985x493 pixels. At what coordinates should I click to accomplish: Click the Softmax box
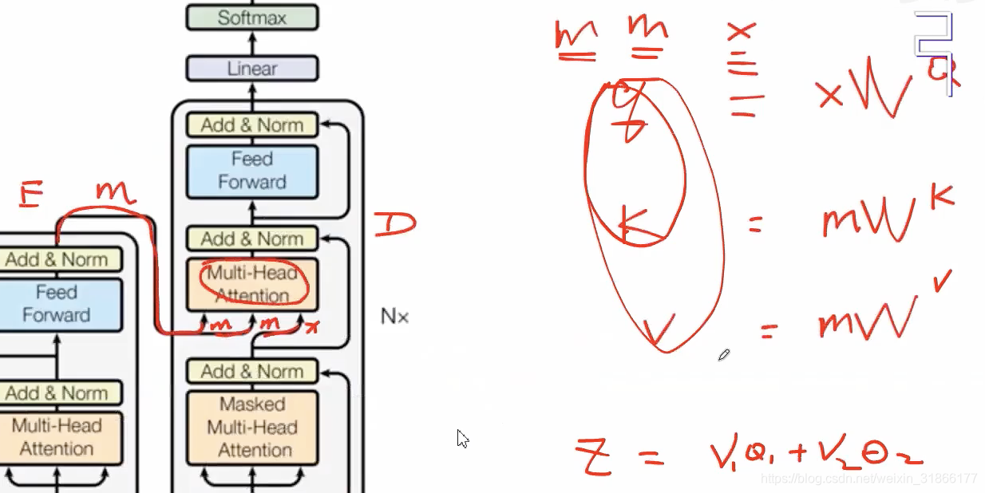coord(251,18)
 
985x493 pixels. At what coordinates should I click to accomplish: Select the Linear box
coord(251,69)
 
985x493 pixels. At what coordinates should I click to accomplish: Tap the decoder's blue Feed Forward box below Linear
coord(251,171)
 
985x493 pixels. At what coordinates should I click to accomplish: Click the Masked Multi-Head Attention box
coord(251,427)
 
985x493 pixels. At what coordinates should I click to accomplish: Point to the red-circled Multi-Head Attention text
coord(253,284)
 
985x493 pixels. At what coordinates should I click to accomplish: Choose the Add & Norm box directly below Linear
coord(251,125)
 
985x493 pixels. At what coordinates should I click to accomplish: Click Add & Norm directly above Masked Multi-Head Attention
coord(251,372)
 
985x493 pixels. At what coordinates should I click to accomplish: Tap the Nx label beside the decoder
coord(394,317)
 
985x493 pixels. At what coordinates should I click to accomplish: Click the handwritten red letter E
coord(30,195)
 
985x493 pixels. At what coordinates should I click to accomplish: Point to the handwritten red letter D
coord(394,224)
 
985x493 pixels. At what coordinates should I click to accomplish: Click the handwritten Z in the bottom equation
coord(593,456)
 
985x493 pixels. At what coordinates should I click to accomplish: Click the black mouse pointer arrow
coord(462,438)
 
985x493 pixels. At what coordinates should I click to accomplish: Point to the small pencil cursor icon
coord(723,354)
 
